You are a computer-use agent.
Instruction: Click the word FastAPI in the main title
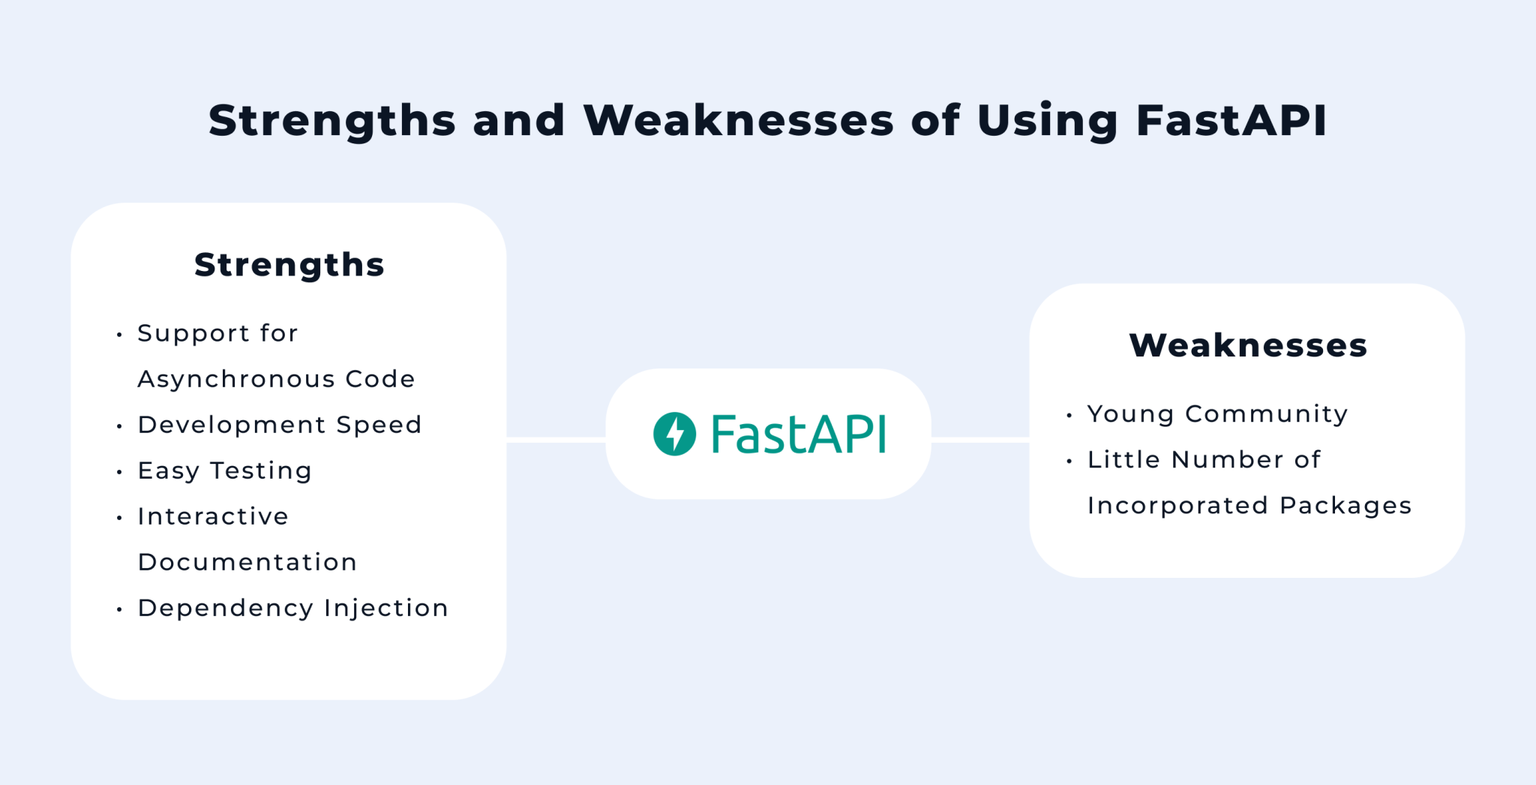[1231, 120]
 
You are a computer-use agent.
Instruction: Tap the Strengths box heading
[289, 264]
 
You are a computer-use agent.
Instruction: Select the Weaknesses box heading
[1248, 345]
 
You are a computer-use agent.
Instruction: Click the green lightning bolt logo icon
[675, 434]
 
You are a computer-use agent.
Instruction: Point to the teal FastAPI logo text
[799, 434]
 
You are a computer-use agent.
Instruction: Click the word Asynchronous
[236, 379]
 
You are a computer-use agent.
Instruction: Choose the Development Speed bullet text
[280, 425]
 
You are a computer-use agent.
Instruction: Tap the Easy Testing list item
[225, 471]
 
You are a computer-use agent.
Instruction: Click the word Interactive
[213, 516]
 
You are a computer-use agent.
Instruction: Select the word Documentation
[247, 562]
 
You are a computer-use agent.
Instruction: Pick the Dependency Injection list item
[293, 608]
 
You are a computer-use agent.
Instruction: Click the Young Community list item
[1218, 414]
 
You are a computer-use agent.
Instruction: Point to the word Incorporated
[1177, 505]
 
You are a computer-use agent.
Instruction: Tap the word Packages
[1346, 505]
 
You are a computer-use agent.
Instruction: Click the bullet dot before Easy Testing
[119, 472]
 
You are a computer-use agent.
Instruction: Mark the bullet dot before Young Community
[1069, 415]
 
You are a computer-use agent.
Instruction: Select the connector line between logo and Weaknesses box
[980, 440]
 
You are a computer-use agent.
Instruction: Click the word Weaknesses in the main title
[739, 120]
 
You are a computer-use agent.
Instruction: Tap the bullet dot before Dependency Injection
[119, 609]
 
